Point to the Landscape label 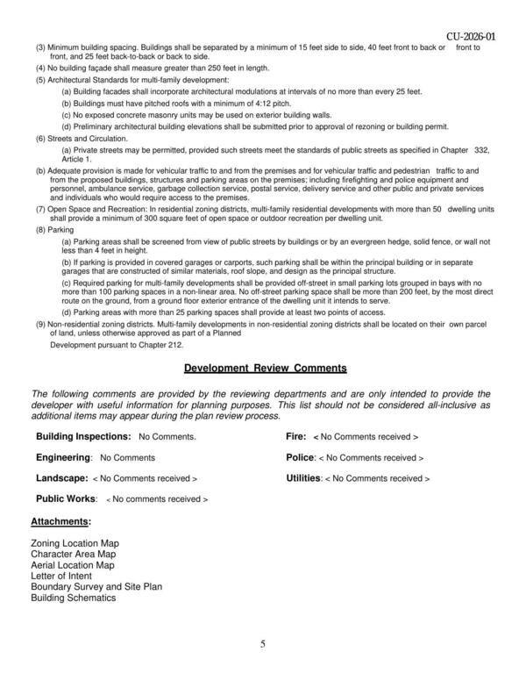(61, 478)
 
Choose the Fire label (295, 435)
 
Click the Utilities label (303, 478)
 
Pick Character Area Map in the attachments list (73, 555)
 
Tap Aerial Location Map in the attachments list (72, 566)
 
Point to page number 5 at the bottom (262, 645)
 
